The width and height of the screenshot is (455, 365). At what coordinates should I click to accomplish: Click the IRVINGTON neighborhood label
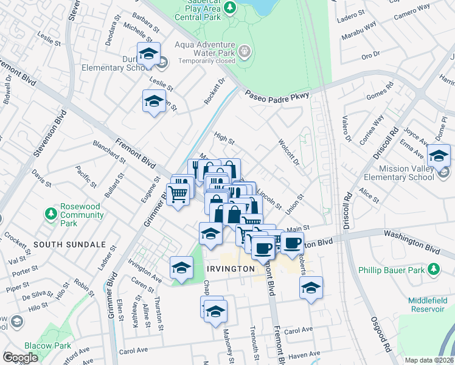pyautogui.click(x=230, y=269)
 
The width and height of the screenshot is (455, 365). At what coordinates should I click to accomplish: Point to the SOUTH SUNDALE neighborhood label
pyautogui.click(x=61, y=244)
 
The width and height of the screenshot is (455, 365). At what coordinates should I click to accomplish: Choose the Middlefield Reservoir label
pyautogui.click(x=418, y=305)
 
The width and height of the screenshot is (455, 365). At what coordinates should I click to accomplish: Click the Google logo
pyautogui.click(x=20, y=358)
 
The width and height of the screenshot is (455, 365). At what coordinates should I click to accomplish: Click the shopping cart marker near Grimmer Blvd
pyautogui.click(x=177, y=195)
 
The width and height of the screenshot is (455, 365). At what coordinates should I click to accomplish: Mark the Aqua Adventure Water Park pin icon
pyautogui.click(x=245, y=51)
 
